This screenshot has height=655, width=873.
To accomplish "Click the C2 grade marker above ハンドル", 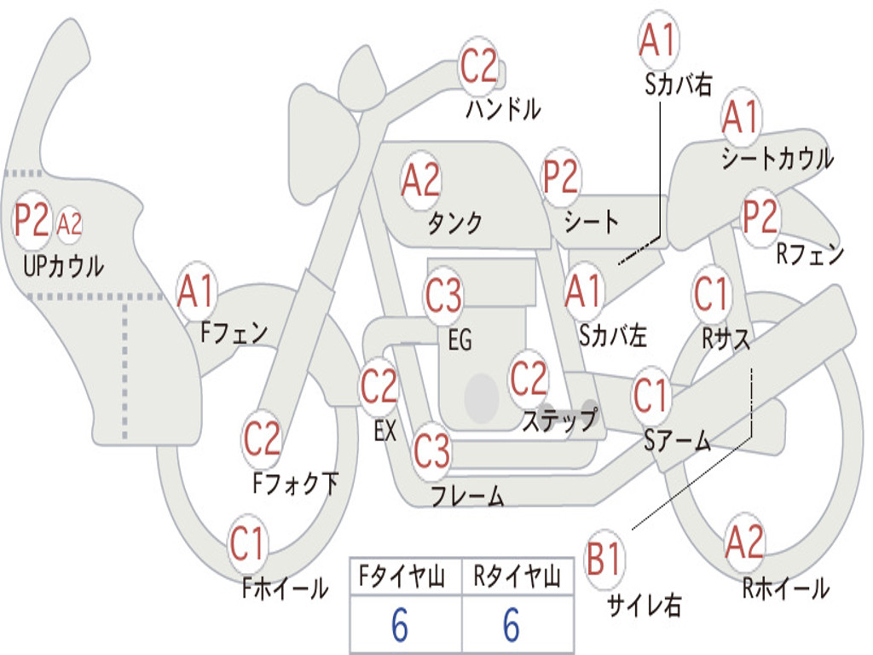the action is (x=477, y=66).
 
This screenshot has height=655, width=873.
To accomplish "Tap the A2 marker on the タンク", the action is (x=420, y=181).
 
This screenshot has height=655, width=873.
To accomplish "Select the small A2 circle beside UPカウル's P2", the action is (x=69, y=224).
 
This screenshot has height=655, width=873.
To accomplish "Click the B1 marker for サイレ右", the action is (x=604, y=558).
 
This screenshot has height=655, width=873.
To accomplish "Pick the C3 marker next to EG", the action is (x=443, y=295).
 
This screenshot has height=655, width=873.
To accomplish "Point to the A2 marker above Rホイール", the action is (x=744, y=542).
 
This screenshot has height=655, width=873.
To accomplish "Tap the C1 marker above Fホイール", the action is (x=246, y=543).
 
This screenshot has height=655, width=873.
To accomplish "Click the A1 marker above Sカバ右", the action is (x=659, y=39).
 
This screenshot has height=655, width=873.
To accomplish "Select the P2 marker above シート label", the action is (x=561, y=177).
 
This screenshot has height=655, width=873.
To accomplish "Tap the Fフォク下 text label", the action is (x=296, y=483).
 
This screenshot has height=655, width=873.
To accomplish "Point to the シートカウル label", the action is (x=778, y=158).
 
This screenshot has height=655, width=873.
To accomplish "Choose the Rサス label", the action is (x=726, y=338).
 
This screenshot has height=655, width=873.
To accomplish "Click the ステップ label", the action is (x=560, y=420).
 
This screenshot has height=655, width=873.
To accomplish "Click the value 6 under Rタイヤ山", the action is (x=512, y=624).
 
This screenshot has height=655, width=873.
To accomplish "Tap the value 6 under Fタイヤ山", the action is (x=400, y=624).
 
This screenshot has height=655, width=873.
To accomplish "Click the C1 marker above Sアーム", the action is (x=650, y=396).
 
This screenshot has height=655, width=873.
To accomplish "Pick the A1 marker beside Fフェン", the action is (x=196, y=291).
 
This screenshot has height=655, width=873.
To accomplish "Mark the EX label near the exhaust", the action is (x=385, y=431).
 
